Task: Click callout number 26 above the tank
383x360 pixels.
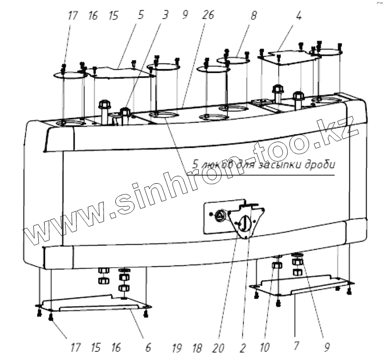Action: coord(207,15)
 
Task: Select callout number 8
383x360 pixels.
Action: coord(254,15)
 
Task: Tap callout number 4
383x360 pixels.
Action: coord(298,15)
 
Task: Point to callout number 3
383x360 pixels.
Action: coord(165,15)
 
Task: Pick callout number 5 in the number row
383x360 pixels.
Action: coord(141,15)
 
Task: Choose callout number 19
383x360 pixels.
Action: coord(178,348)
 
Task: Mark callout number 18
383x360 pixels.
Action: coord(197,348)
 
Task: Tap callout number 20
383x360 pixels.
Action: coord(219,348)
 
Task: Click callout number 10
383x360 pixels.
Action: coord(265,348)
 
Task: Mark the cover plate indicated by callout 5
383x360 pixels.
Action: coord(120,73)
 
